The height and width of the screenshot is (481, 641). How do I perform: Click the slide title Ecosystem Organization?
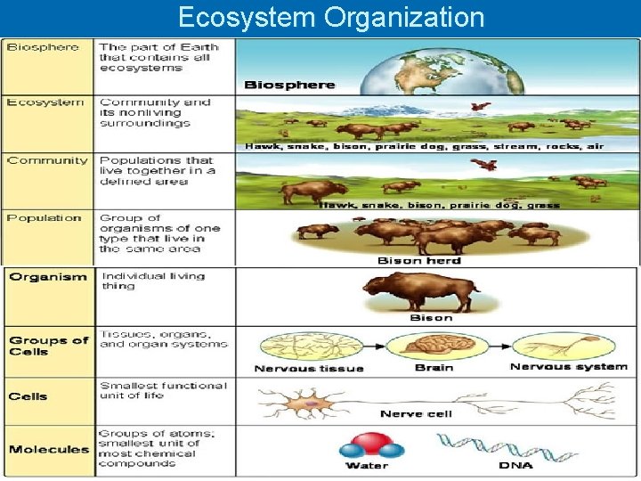331,17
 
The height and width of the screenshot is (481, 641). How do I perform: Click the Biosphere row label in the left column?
43,47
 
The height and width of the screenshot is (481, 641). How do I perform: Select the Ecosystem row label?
45,102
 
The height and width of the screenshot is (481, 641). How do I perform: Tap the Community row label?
47,160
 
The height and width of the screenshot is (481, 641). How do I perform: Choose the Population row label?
44,217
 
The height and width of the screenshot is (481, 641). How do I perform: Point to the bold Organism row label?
48,276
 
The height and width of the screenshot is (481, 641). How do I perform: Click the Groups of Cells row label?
49,346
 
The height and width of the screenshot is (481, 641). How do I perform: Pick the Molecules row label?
49,449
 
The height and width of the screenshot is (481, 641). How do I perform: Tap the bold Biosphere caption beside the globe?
289,85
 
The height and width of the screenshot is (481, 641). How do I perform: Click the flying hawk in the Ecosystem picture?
481,108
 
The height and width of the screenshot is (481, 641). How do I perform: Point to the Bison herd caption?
419,260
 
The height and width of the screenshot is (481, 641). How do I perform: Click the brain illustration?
434,346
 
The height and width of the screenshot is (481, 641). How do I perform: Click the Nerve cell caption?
416,414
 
